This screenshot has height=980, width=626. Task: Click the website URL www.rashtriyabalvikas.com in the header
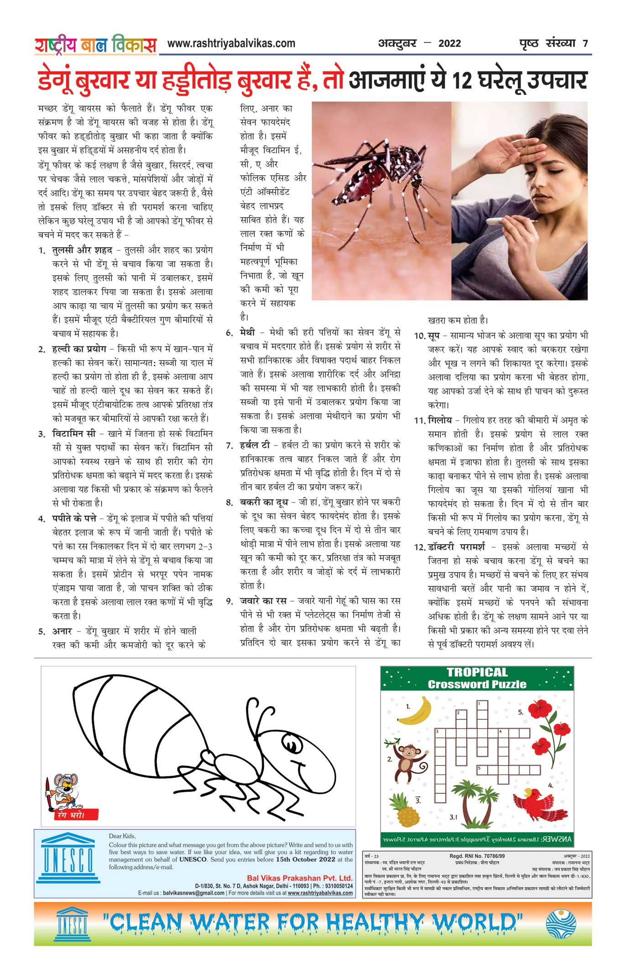pos(231,43)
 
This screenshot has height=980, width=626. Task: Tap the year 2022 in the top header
pos(449,44)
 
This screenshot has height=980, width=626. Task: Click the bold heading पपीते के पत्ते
pos(74,519)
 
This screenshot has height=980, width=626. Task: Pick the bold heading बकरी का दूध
pos(264,503)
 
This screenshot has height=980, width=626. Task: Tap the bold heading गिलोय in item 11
pos(440,420)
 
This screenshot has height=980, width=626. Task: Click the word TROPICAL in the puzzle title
pos(477,672)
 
